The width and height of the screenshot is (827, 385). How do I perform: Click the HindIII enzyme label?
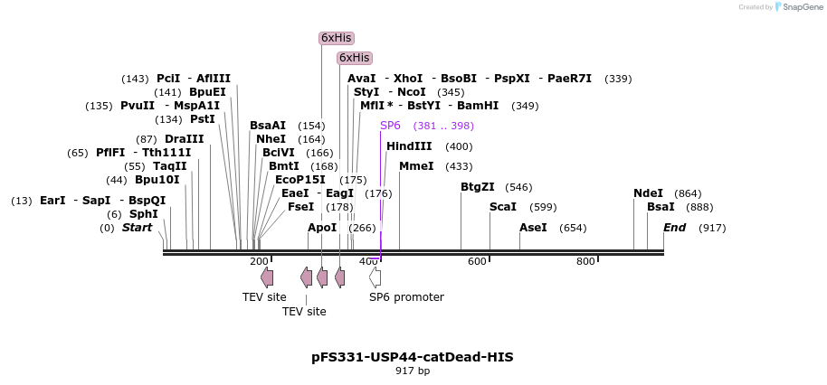(x=409, y=146)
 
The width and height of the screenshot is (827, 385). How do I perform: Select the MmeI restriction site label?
(x=416, y=166)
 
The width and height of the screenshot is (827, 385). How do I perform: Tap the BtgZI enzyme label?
(x=478, y=187)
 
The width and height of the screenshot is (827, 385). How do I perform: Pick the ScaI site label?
(x=503, y=207)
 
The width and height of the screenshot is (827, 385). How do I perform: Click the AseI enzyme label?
(x=533, y=228)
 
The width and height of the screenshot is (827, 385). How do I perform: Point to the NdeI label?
(x=648, y=193)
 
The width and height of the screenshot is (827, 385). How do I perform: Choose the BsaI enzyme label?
(x=661, y=207)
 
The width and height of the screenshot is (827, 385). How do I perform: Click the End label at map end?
(x=675, y=228)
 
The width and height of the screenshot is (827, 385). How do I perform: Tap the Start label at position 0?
(x=138, y=228)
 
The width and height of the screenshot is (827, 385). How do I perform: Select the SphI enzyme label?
(x=144, y=214)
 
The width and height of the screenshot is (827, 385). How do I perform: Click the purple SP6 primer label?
(x=390, y=126)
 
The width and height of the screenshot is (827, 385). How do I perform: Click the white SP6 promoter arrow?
(x=375, y=277)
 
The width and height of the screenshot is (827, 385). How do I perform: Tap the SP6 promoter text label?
(x=406, y=297)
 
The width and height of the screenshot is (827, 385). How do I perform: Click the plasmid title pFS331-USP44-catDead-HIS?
(x=413, y=357)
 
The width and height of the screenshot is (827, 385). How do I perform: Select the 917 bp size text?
(x=413, y=371)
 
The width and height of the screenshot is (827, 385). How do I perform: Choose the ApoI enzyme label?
(x=322, y=228)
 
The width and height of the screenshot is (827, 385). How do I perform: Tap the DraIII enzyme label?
(x=185, y=139)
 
